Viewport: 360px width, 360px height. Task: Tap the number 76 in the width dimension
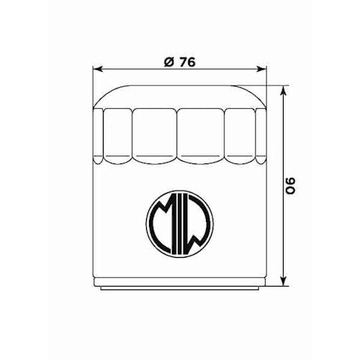pos(186,61)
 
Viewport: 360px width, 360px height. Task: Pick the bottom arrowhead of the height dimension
pos(286,282)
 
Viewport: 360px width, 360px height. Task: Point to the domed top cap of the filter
pos(180,97)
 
